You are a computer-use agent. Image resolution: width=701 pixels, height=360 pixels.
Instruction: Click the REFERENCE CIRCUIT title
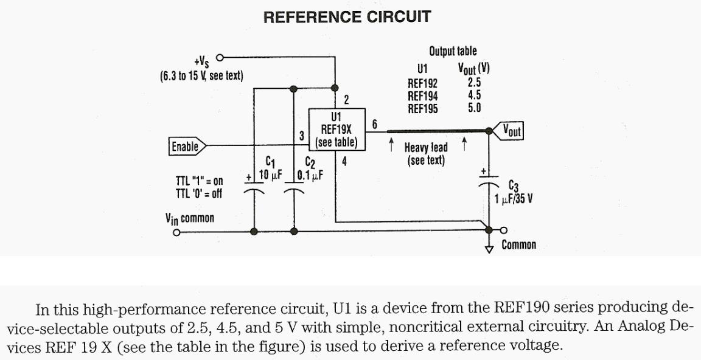(x=346, y=17)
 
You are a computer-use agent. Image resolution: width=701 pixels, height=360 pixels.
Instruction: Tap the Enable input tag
(x=186, y=146)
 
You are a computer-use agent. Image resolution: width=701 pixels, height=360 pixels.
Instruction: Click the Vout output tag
(x=510, y=130)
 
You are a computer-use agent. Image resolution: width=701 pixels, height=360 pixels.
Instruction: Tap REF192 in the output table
(x=422, y=83)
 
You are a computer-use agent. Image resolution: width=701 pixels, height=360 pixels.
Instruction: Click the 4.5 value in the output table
(x=475, y=96)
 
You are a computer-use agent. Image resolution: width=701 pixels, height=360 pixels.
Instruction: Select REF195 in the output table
(x=422, y=109)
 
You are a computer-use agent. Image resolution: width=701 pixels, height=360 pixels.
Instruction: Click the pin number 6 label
(x=375, y=124)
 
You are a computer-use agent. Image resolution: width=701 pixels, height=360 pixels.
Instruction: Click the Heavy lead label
(x=426, y=147)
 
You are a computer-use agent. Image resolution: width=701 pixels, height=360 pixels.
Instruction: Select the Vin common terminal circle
(x=176, y=232)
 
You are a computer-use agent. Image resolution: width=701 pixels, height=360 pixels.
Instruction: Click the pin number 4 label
(x=344, y=162)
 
